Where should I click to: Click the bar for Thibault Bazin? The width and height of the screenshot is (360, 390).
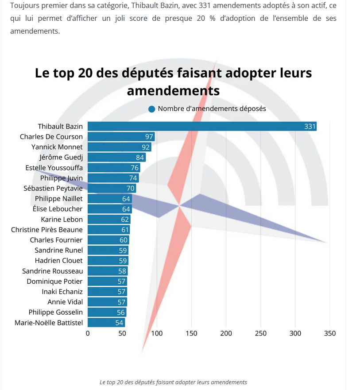click(202, 127)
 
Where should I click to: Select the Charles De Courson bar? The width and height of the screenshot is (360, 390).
click(120, 137)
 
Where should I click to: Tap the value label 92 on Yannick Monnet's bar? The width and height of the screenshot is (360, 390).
click(146, 147)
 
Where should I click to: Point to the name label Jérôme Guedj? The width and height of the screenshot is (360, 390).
click(61, 157)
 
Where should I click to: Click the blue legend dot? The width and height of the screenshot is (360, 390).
click(152, 109)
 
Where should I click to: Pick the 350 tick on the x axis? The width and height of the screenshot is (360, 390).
click(330, 333)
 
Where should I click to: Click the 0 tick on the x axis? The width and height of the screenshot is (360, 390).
click(88, 333)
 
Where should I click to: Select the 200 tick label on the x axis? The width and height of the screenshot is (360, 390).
click(226, 333)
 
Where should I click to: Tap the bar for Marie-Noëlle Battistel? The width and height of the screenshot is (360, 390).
click(106, 323)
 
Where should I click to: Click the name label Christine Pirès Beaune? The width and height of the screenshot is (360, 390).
click(46, 230)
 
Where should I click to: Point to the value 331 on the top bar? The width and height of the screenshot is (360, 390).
click(310, 127)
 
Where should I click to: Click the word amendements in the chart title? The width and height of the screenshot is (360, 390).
click(173, 90)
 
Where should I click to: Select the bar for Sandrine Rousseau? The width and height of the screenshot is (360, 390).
click(108, 271)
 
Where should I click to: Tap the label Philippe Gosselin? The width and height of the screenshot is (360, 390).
click(56, 312)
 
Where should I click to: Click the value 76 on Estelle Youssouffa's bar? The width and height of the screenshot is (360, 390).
click(135, 168)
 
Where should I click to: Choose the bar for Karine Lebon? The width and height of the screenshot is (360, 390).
click(108, 220)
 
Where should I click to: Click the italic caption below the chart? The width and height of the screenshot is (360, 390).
click(173, 382)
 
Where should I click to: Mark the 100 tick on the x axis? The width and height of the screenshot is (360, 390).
click(157, 333)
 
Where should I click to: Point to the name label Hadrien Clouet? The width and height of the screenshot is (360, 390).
click(59, 261)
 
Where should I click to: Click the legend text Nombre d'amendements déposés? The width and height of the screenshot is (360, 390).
click(212, 109)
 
